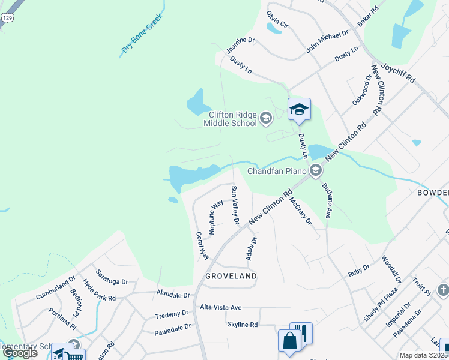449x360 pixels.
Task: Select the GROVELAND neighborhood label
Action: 231,276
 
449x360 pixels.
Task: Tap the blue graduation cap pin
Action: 299,110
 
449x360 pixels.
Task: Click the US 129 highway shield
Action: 5,18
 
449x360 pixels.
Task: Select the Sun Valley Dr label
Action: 235,206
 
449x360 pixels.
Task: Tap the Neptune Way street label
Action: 214,217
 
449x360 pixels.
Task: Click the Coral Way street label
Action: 202,245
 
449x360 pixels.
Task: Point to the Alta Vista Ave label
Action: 220,307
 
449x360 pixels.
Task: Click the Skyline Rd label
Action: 242,325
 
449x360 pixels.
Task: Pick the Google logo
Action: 20,352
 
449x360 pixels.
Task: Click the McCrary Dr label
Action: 301,211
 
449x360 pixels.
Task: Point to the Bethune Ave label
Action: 327,201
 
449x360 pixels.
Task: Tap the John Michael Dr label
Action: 327,43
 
